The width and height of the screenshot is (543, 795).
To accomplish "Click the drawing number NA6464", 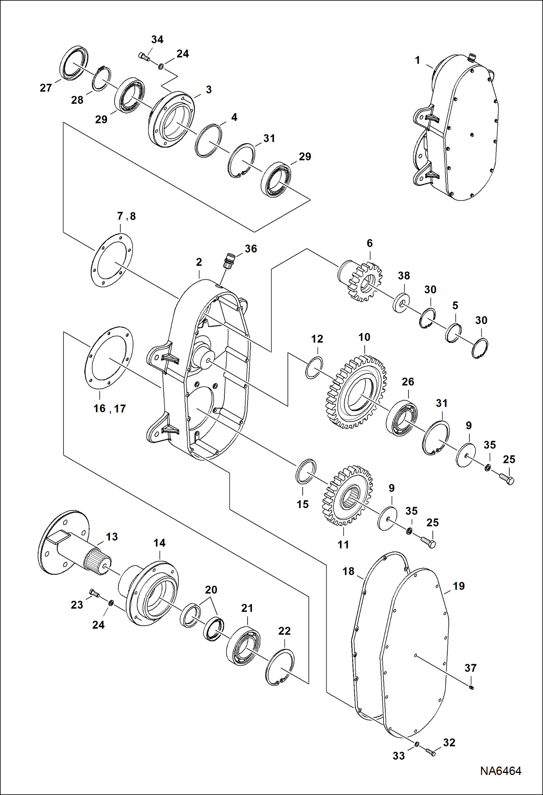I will tap(501, 771).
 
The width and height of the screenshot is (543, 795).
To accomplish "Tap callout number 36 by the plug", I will tap(251, 249).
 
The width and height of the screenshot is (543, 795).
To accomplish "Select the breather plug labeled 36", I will tap(229, 261).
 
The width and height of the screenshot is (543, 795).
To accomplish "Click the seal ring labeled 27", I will tap(74, 63).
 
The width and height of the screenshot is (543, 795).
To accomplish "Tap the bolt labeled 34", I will tap(144, 57).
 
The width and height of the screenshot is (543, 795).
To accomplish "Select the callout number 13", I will tap(112, 537).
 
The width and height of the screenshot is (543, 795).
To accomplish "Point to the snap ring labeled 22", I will tap(280, 667).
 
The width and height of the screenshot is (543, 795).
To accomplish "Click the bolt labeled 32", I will tap(431, 753).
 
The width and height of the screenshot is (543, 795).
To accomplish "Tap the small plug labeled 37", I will tap(471, 688).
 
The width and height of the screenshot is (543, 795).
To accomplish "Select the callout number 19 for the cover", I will tap(459, 586).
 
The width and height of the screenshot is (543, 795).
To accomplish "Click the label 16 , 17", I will tap(109, 409).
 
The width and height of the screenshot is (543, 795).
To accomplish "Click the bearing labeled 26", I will tap(401, 418).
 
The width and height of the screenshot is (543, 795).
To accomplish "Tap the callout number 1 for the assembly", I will tap(418, 60).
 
